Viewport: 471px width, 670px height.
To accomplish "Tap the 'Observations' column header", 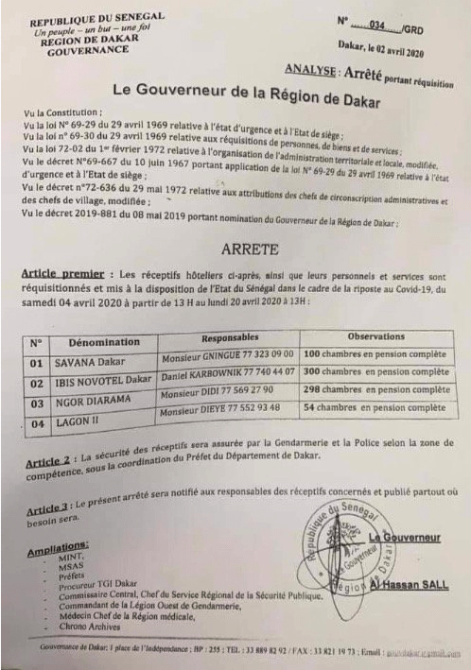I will click(x=388, y=335).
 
